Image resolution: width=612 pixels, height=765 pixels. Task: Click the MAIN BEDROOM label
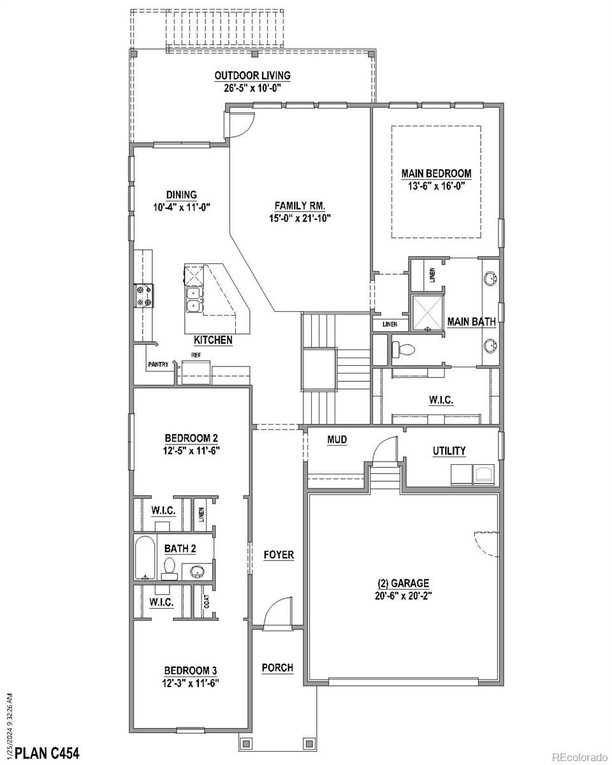(x=436, y=173)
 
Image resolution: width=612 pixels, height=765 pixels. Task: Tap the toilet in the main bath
(x=403, y=350)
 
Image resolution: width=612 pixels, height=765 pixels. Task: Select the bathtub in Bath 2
(x=145, y=558)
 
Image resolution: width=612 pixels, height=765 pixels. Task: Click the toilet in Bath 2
(x=169, y=569)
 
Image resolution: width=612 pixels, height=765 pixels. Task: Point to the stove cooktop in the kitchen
(x=143, y=295)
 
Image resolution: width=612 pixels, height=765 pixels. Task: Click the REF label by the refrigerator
(x=196, y=355)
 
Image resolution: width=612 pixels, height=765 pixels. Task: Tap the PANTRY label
(x=158, y=365)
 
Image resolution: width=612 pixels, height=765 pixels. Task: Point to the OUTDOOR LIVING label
(x=252, y=75)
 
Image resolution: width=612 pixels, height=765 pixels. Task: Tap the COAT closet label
(x=207, y=601)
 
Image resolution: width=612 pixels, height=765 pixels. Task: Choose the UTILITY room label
(x=449, y=451)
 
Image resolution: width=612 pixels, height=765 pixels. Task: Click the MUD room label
(x=337, y=440)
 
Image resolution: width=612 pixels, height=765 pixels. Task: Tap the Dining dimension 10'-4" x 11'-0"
(x=182, y=207)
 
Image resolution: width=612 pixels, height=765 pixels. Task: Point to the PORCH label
(x=277, y=667)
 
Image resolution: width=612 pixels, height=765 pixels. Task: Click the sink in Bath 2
(x=196, y=572)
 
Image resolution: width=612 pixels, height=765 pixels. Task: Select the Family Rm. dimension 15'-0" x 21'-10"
(x=300, y=218)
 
